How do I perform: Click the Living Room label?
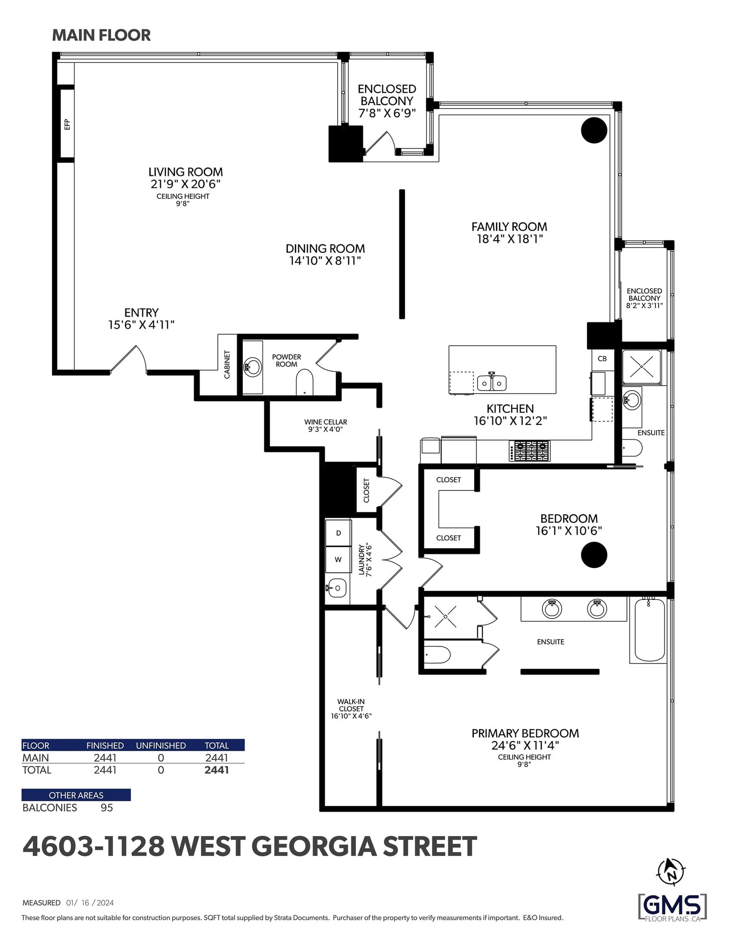pos(185,172)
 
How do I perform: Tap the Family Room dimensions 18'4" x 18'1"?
pos(509,239)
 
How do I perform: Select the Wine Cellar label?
pos(326,422)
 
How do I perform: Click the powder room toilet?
pos(304,382)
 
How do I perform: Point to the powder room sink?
pos(253,366)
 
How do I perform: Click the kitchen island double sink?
pos(492,383)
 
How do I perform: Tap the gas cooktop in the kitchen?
pos(529,451)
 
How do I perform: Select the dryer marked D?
pos(338,533)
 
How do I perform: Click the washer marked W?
pos(338,560)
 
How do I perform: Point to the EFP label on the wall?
pos(67,124)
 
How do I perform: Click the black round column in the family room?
pos(594,130)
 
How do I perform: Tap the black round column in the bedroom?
pos(594,555)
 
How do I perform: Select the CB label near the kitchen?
pos(602,359)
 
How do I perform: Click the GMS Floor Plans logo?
pos(673,908)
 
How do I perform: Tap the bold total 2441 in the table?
pos(216,770)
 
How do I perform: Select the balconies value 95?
pos(107,807)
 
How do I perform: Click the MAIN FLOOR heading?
pos(101,36)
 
